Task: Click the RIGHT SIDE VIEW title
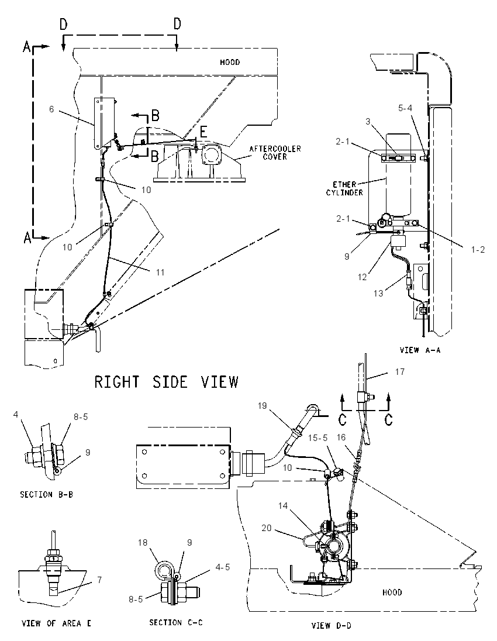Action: [x=166, y=382]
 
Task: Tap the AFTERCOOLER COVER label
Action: [x=275, y=153]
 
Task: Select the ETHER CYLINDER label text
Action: [x=344, y=188]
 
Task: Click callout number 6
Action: [x=51, y=109]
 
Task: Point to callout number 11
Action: [x=160, y=273]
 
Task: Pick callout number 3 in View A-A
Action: [x=368, y=122]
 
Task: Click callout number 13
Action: [x=378, y=293]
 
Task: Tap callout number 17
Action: [x=400, y=371]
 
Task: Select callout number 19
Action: [x=262, y=405]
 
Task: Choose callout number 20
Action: [x=267, y=528]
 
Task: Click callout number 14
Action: [x=283, y=506]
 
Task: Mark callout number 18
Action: [x=143, y=543]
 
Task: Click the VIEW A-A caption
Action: [x=420, y=350]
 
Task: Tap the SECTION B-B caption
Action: [x=47, y=495]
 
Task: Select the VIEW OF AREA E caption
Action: [x=56, y=624]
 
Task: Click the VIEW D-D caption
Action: [x=332, y=625]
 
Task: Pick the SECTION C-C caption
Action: [x=176, y=623]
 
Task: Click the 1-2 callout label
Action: [x=477, y=249]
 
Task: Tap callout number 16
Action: [x=341, y=437]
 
